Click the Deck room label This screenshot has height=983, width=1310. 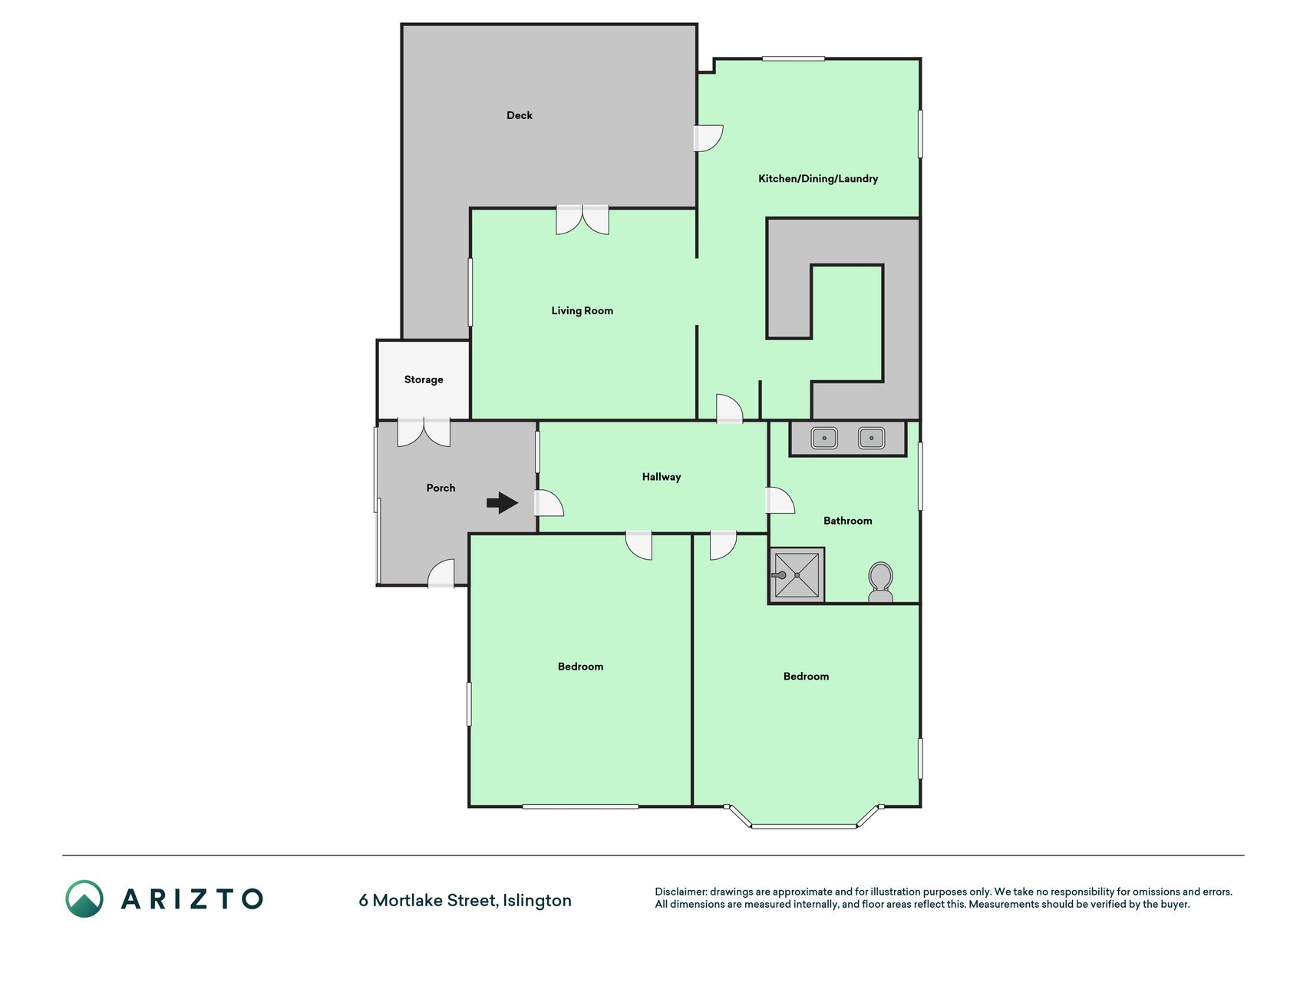point(520,115)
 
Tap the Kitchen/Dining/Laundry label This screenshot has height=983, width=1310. point(818,179)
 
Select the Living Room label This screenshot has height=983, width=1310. point(582,311)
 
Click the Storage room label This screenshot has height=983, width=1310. point(424,379)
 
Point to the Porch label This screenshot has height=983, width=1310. point(441,488)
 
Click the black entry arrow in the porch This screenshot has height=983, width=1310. point(503,503)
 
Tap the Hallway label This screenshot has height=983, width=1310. point(662,477)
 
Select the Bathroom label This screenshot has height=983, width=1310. point(847,521)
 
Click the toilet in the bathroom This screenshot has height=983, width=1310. point(880,582)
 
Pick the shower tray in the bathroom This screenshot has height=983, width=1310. point(797,575)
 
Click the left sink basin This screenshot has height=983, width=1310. point(824,439)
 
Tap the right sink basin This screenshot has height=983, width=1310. point(871,439)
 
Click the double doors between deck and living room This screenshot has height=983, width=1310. point(582,219)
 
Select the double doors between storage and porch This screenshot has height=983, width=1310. point(424,433)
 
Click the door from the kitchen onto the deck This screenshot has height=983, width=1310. point(708,138)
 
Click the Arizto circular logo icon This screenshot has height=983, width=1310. point(84,899)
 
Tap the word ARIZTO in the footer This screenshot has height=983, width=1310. point(192,899)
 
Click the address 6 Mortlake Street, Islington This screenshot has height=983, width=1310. point(465,900)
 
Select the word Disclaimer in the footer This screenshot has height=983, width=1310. point(680,892)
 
